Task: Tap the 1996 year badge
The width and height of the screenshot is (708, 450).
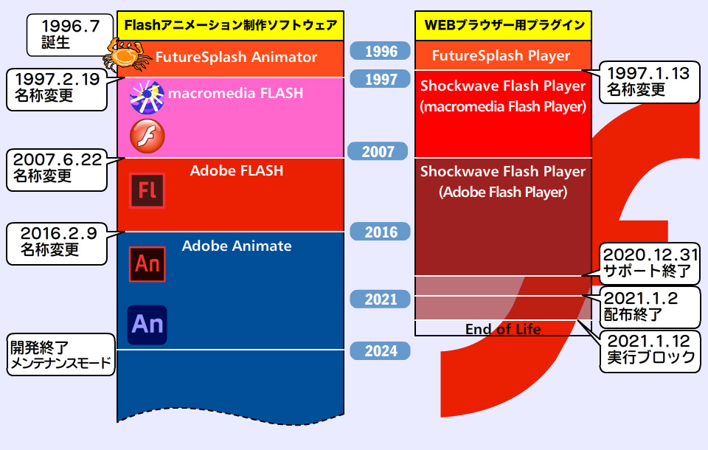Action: pyautogui.click(x=381, y=51)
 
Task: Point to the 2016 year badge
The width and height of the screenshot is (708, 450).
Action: pyautogui.click(x=381, y=232)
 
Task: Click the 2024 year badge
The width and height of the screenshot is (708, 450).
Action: pyautogui.click(x=381, y=351)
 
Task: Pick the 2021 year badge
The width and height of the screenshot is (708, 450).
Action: pyautogui.click(x=381, y=300)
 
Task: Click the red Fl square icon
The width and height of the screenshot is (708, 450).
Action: pyautogui.click(x=147, y=191)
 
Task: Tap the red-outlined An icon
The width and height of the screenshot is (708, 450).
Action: pyautogui.click(x=147, y=264)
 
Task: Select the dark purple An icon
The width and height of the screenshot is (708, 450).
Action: pyautogui.click(x=147, y=325)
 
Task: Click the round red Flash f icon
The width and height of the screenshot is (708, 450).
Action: pyautogui.click(x=147, y=136)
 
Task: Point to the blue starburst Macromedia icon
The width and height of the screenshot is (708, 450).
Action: pyautogui.click(x=147, y=97)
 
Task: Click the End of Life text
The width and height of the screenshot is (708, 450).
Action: pyautogui.click(x=503, y=329)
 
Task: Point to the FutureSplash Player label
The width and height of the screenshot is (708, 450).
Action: pyautogui.click(x=501, y=55)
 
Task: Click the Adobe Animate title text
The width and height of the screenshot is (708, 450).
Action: pyautogui.click(x=237, y=246)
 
